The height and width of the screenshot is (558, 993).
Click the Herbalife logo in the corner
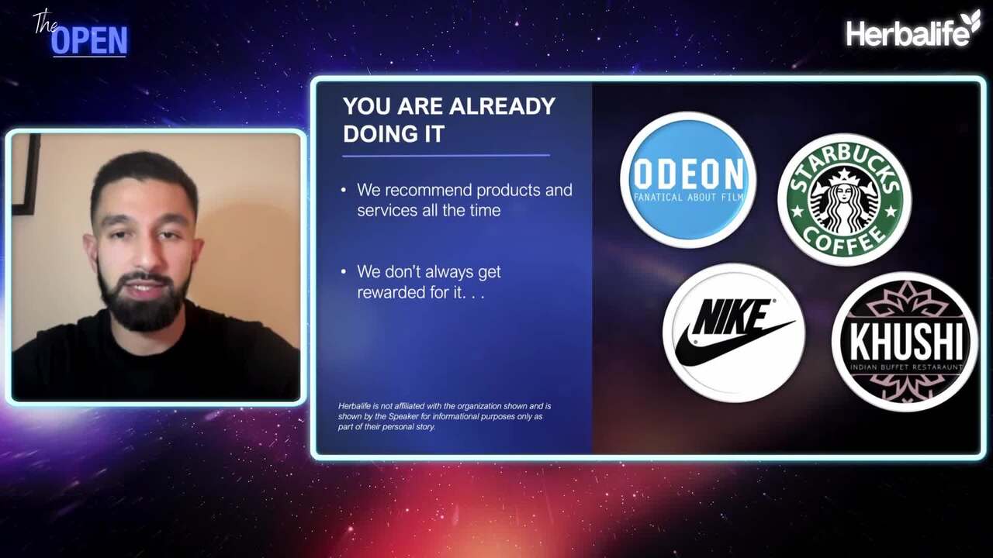click(912, 29)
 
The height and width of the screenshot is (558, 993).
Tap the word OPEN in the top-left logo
click(89, 41)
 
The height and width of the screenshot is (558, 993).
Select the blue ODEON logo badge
click(688, 179)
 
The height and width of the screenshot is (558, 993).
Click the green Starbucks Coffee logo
click(845, 200)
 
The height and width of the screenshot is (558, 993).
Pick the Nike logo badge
click(734, 333)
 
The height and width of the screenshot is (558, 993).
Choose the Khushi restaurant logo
click(905, 342)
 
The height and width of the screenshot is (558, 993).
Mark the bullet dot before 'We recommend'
click(344, 191)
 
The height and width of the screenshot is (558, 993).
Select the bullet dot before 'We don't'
click(344, 272)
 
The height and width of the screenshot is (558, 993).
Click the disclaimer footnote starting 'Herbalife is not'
click(445, 416)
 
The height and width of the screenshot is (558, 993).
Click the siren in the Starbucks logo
click(844, 202)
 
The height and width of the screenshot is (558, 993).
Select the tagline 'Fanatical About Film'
click(688, 197)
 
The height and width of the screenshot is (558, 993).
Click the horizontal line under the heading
click(446, 156)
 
